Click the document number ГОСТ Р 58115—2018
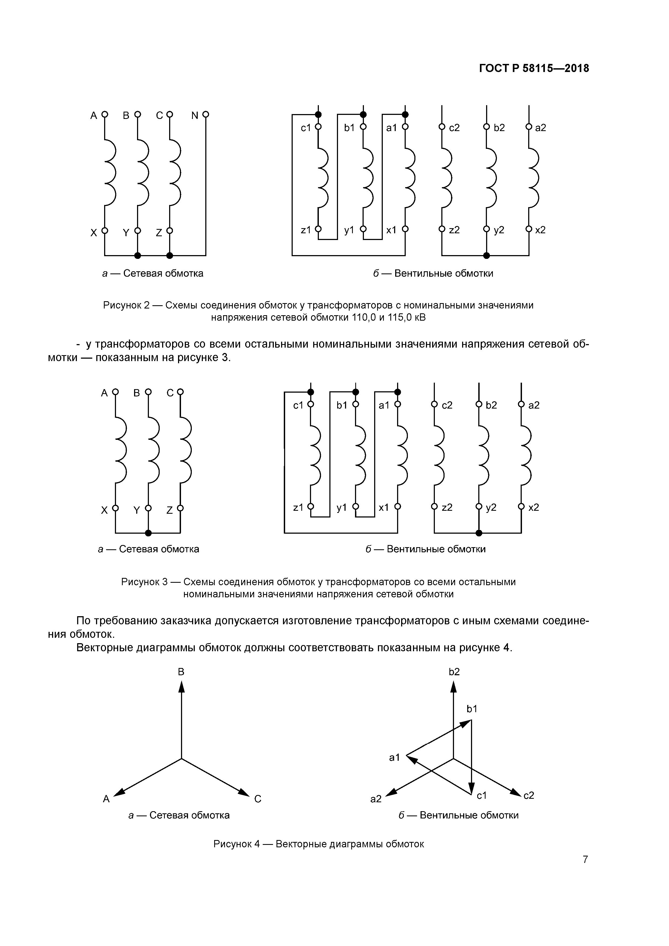coord(534,68)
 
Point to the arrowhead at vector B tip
coord(181,686)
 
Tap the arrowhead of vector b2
coord(453,686)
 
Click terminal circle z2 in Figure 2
coord(442,229)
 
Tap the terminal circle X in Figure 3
coord(115,508)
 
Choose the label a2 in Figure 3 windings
coord(534,405)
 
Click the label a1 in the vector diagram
coord(394,757)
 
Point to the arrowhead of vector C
coord(245,793)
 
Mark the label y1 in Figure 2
coord(349,230)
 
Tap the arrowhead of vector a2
coord(391,792)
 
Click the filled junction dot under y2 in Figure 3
coord(479,533)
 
